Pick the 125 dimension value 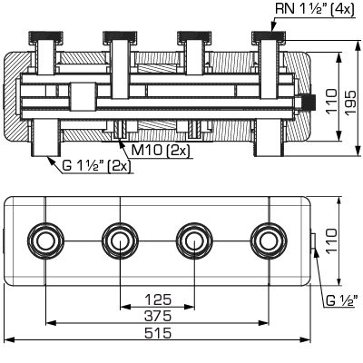pyautogui.click(x=157, y=298)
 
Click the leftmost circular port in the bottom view pyautogui.click(x=44, y=240)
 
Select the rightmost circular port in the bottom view pyautogui.click(x=267, y=240)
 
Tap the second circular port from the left pyautogui.click(x=119, y=240)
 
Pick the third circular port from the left pyautogui.click(x=192, y=240)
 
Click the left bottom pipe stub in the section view pyautogui.click(x=44, y=144)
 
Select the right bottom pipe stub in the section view pyautogui.click(x=267, y=144)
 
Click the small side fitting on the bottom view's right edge pyautogui.click(x=313, y=240)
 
